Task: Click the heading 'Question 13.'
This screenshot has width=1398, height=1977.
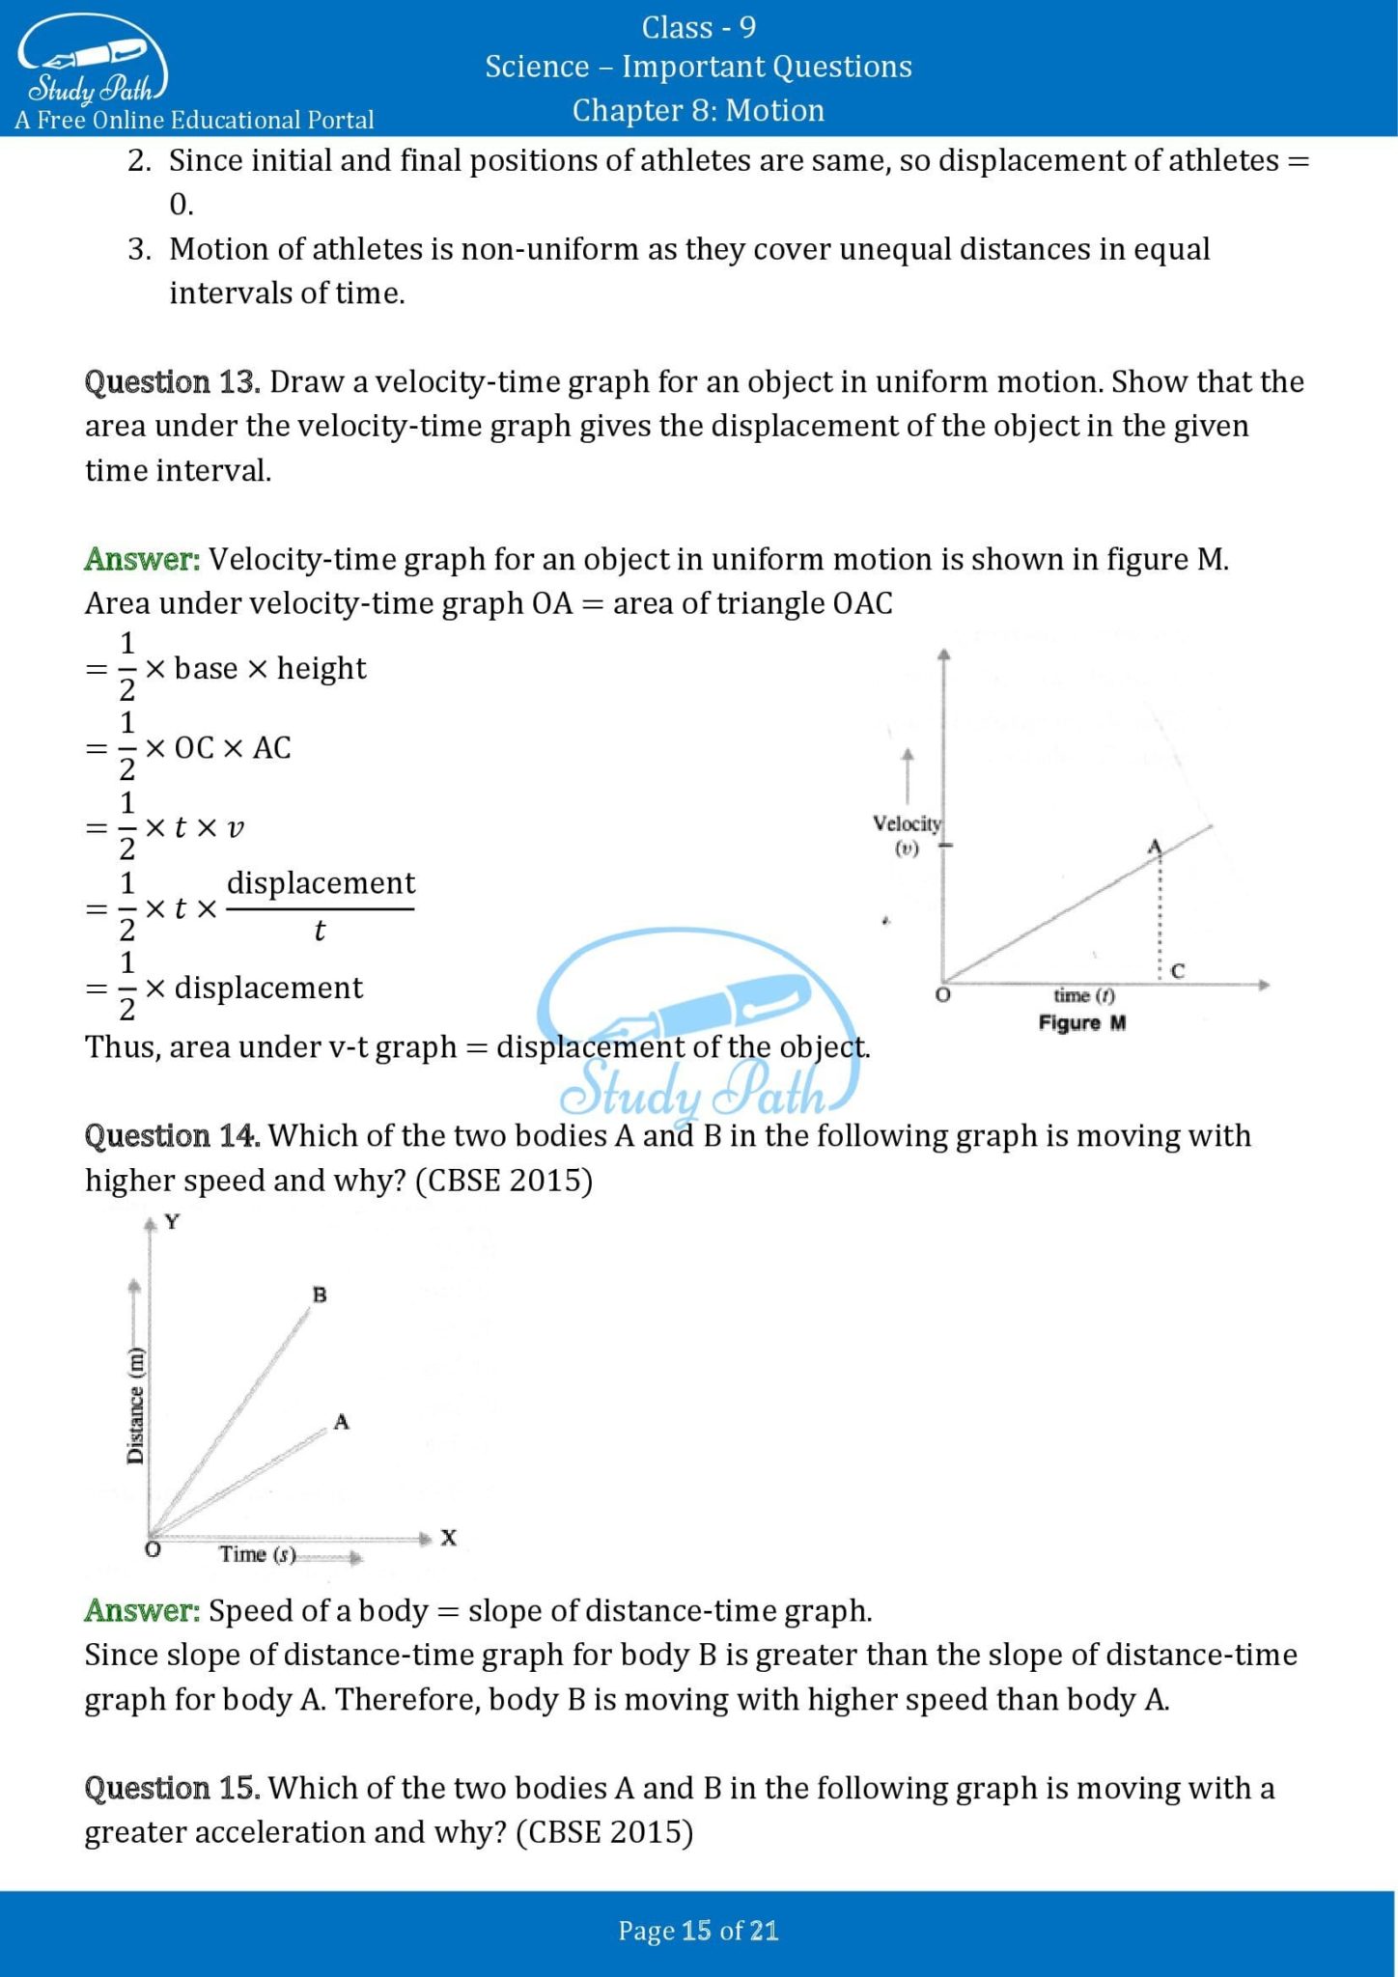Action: [x=172, y=382]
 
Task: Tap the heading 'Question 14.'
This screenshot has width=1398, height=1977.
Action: [x=172, y=1136]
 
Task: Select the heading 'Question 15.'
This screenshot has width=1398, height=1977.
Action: [x=172, y=1789]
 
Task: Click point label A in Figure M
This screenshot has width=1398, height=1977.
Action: [x=1154, y=847]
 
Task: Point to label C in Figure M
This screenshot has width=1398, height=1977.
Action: [x=1177, y=971]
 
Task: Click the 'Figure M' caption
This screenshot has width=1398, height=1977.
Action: [x=1081, y=1022]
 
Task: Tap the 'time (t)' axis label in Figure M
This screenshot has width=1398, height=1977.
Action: [x=1083, y=995]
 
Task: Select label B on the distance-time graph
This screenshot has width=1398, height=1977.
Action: [x=320, y=1295]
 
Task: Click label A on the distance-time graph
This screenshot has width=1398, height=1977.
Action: [x=341, y=1422]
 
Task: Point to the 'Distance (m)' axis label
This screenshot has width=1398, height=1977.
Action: [x=136, y=1405]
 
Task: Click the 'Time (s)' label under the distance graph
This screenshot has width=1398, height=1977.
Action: [x=257, y=1554]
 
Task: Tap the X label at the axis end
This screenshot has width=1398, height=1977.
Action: [x=448, y=1538]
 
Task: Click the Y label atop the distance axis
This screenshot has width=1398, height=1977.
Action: [x=172, y=1222]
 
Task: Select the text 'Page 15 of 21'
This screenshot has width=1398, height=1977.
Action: [x=698, y=1931]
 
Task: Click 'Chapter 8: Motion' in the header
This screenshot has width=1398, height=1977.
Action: [x=698, y=110]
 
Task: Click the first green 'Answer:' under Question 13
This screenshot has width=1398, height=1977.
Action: [x=142, y=559]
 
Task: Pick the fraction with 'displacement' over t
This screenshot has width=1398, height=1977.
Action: [x=320, y=906]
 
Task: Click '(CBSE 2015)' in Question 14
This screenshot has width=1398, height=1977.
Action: [x=503, y=1181]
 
